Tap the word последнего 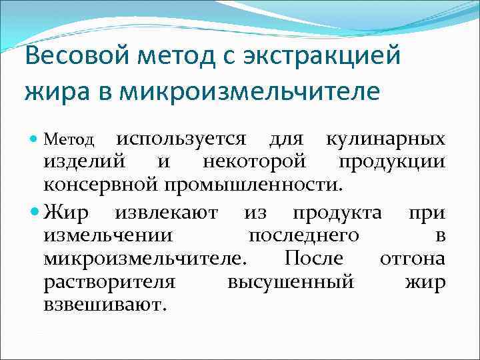(303, 236)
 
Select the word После (313, 259)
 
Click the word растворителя (109, 281)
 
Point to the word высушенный (290, 281)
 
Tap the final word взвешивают (103, 304)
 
